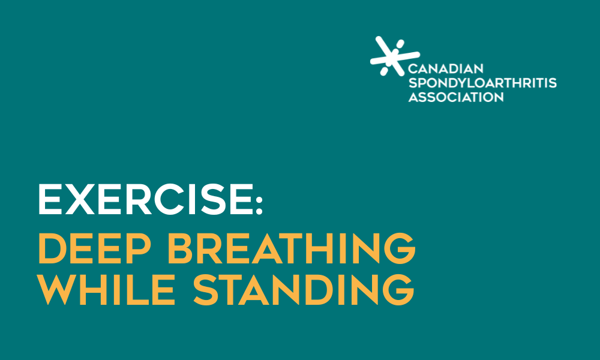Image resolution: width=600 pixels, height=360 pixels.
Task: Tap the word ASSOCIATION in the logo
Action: [x=456, y=97]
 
